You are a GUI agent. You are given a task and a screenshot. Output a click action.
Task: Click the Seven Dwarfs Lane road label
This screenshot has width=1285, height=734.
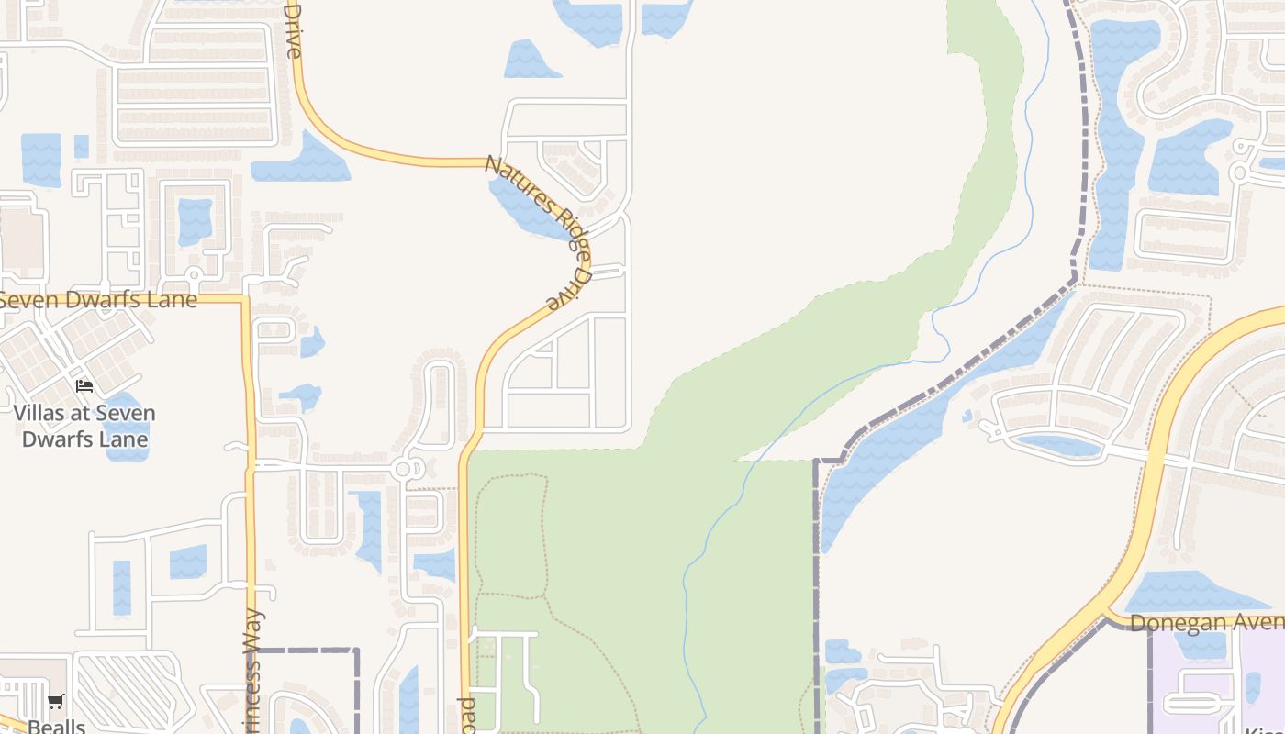[99, 300]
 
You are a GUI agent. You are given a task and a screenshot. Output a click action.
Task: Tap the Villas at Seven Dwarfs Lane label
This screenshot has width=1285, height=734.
[84, 426]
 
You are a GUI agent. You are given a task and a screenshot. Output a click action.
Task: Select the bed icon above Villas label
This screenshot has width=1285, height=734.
[84, 386]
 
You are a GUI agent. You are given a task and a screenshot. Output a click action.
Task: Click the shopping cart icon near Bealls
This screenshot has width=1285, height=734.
[56, 702]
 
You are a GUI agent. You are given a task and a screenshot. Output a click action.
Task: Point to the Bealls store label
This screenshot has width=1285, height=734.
[57, 726]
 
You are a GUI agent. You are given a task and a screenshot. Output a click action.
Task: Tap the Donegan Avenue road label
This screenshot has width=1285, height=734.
[1206, 623]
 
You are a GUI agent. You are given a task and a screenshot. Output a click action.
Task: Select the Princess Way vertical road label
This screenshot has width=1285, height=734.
[254, 670]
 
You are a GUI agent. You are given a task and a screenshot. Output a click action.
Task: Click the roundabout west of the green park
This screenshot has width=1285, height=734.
[402, 470]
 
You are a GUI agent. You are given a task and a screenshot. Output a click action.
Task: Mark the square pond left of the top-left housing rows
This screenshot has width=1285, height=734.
[40, 159]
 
